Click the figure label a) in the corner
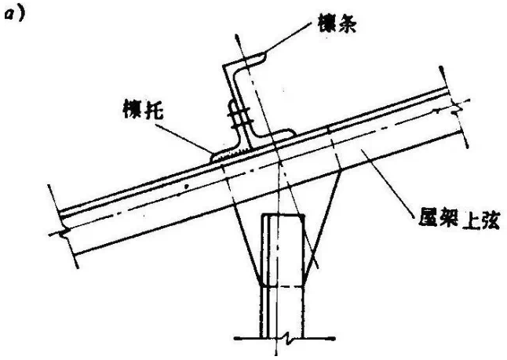coord(13,15)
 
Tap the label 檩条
coord(337,24)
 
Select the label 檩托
coord(144,109)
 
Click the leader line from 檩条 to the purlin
coord(289,37)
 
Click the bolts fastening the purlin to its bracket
coord(239,116)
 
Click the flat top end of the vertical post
coord(283,215)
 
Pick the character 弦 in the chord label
coord(491,220)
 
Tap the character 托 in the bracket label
coord(154,109)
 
